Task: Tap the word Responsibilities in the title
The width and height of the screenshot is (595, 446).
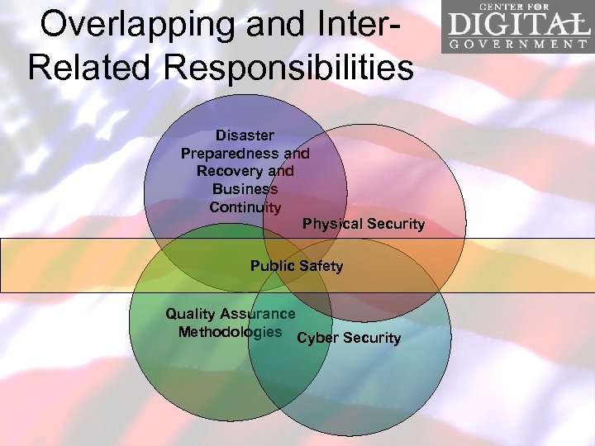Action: (x=290, y=67)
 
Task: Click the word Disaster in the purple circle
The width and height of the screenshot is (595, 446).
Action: (x=245, y=135)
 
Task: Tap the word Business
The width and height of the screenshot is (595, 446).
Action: (x=245, y=189)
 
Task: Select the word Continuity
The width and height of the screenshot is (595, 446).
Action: (x=245, y=207)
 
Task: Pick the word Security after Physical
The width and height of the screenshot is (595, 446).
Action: (x=393, y=224)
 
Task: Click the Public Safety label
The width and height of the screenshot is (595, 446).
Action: (x=297, y=266)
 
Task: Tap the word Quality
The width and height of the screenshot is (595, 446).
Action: (x=190, y=314)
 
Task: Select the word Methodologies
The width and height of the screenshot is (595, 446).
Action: (x=230, y=332)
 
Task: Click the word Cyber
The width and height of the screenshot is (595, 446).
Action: (x=315, y=338)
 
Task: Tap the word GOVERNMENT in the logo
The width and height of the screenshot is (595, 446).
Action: (x=519, y=44)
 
